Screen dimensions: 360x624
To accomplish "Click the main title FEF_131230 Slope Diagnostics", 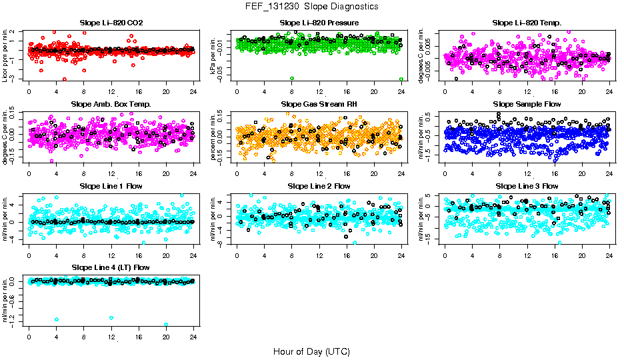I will (x=311, y=6).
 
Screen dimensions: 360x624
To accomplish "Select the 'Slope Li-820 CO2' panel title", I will (x=111, y=23).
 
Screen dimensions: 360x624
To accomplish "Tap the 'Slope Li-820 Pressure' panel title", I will (x=319, y=23).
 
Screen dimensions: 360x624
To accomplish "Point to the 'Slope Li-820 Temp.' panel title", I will (x=527, y=23).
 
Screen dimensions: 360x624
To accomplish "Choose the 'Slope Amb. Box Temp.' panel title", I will (x=111, y=104).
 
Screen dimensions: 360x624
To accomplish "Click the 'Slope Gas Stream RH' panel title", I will (x=319, y=104).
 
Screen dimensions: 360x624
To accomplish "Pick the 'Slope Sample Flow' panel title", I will (x=527, y=104).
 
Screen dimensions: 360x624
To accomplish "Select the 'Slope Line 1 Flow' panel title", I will (x=111, y=186).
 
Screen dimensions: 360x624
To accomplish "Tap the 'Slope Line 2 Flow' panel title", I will (x=319, y=186).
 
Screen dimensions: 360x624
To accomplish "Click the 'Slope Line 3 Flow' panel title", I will (x=527, y=186).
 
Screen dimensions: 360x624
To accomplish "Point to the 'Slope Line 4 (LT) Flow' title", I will (x=111, y=267).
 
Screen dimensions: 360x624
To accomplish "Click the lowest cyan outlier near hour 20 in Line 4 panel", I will (x=166, y=325).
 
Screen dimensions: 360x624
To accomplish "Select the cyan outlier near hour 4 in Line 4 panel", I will (x=57, y=319).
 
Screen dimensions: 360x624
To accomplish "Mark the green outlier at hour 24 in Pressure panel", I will (x=401, y=79).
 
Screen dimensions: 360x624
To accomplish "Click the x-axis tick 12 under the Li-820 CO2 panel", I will (x=111, y=91).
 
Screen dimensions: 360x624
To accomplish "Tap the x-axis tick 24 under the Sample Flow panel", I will (x=609, y=172).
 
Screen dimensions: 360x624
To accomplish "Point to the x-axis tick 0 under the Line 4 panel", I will (x=29, y=336).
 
